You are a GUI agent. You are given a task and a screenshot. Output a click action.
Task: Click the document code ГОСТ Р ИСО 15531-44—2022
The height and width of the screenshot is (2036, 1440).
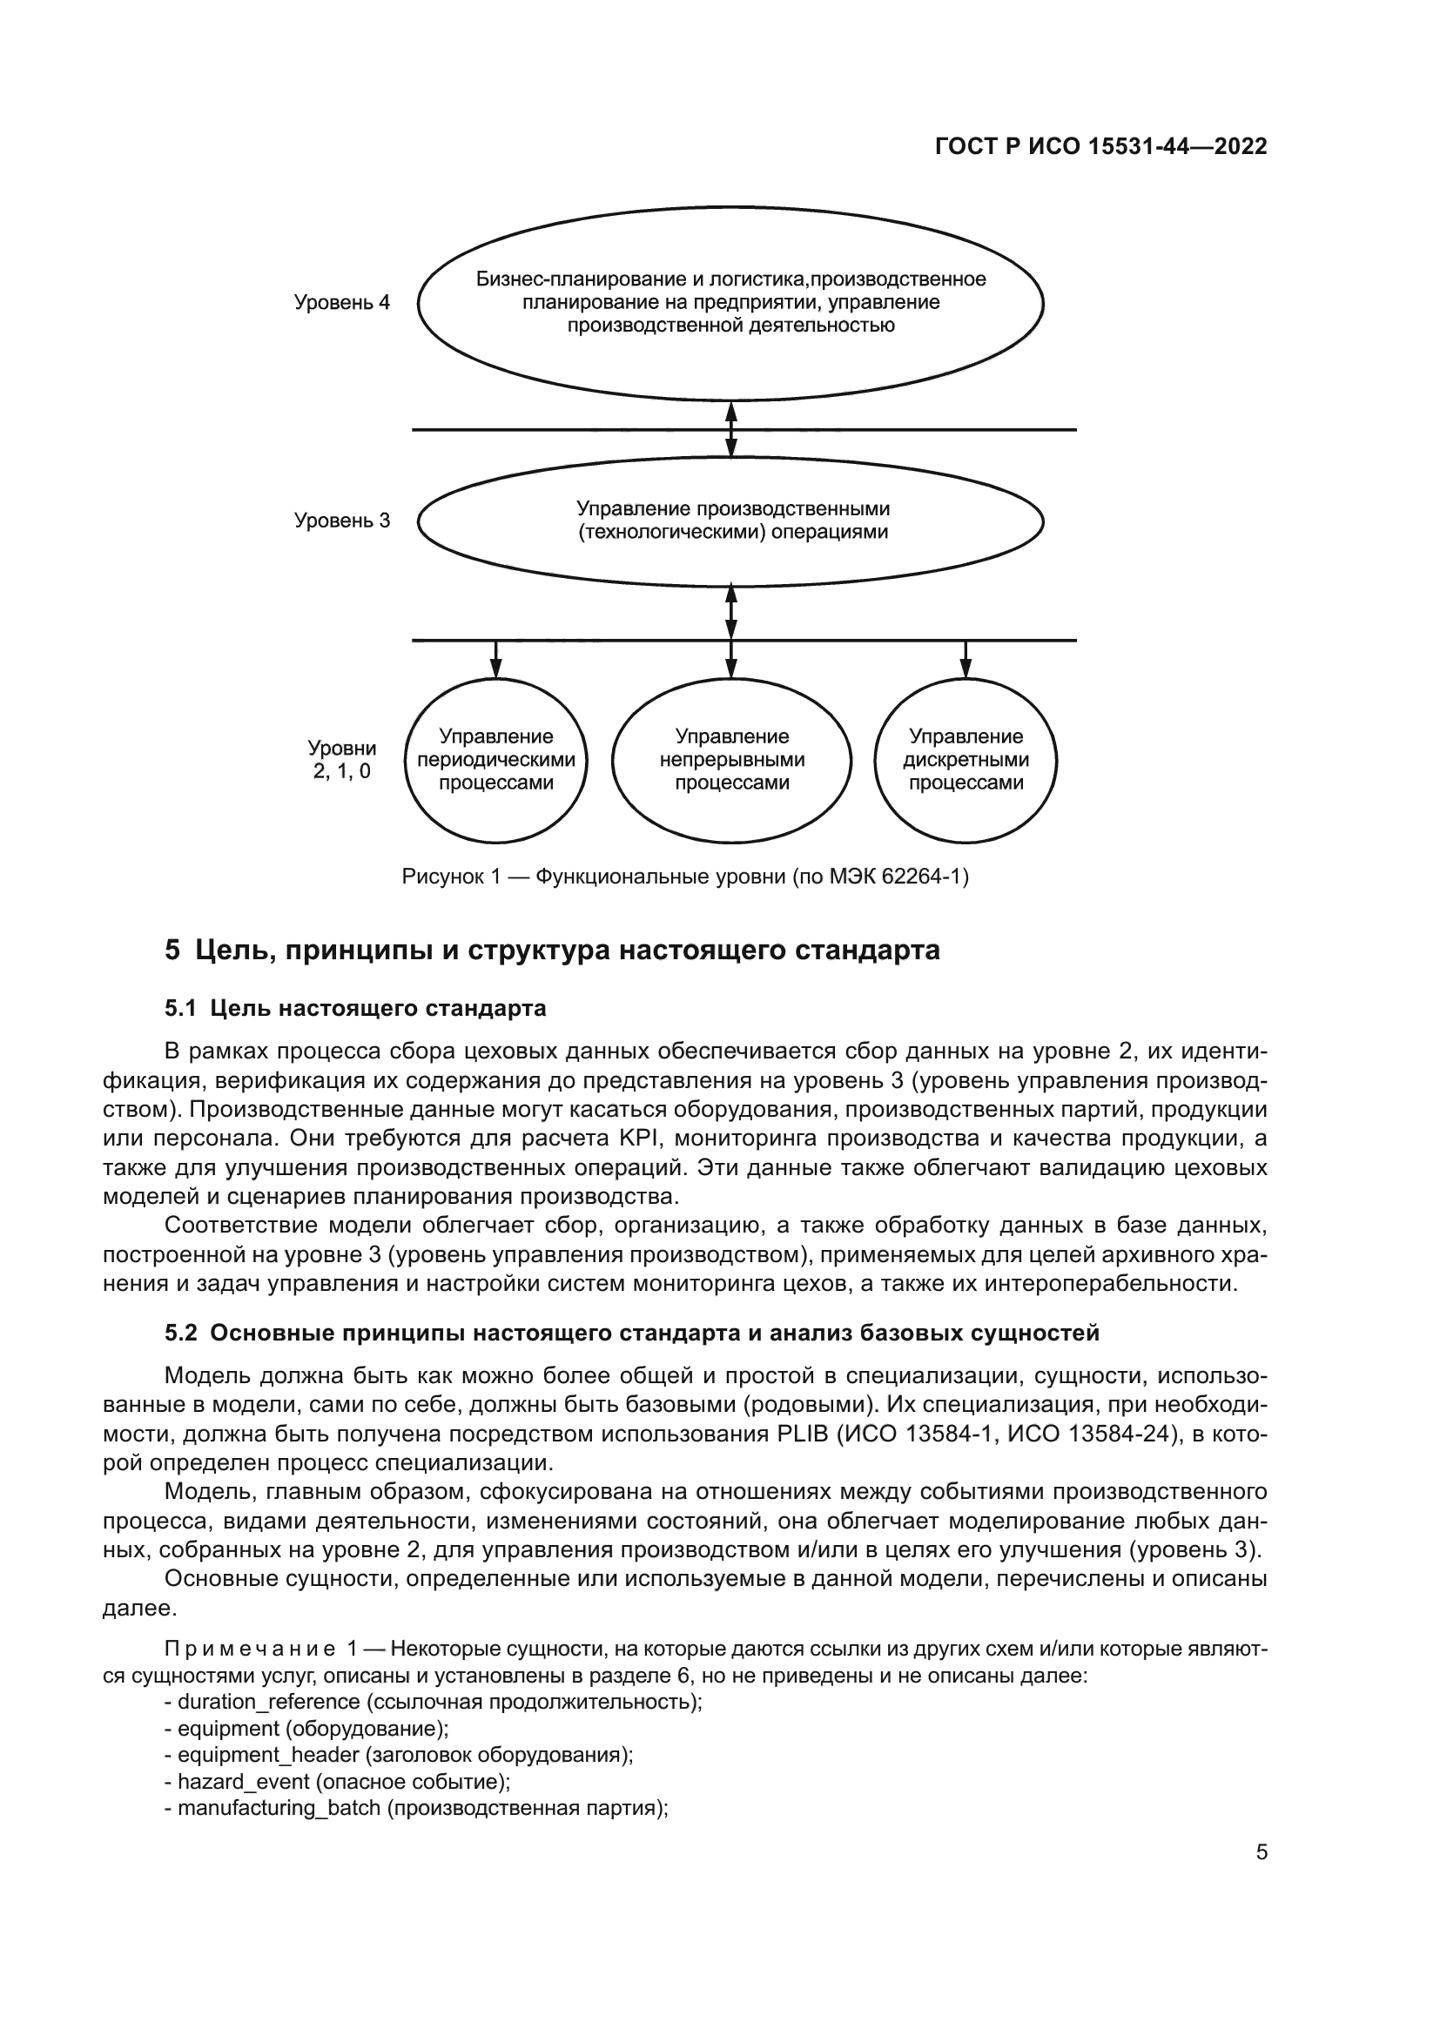1100,147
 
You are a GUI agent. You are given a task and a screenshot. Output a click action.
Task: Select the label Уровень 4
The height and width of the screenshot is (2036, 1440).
341,302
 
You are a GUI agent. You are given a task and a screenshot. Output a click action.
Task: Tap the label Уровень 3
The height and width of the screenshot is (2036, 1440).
341,521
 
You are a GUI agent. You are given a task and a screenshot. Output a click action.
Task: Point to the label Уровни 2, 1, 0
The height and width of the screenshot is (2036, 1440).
341,760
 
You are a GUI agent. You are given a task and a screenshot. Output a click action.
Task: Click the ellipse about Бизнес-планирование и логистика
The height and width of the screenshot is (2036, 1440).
730,302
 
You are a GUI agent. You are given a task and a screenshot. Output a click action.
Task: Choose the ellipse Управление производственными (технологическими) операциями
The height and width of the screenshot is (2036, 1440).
730,521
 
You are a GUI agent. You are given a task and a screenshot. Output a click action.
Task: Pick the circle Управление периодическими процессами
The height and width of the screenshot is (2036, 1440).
495,760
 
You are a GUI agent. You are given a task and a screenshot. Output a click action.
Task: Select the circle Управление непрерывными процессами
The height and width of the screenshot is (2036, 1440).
731,760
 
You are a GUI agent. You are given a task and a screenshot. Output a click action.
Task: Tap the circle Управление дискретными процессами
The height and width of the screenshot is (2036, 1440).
966,760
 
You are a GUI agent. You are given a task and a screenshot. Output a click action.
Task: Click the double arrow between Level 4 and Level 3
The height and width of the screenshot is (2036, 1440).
730,429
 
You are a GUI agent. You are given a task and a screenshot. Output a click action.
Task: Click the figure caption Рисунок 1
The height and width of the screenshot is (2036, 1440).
684,877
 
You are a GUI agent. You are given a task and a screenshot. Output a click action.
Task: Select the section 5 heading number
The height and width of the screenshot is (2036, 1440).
172,950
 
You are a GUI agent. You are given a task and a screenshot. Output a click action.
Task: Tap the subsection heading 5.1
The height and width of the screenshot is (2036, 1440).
354,1008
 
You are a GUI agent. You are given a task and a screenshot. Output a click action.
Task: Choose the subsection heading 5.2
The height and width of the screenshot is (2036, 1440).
631,1333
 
